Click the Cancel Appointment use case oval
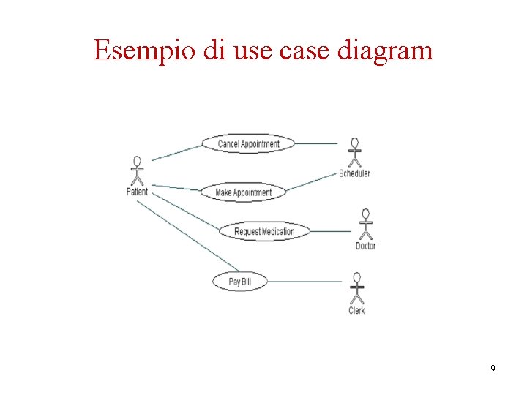coord(248,143)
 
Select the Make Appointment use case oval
coord(243,192)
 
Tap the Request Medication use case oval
coord(264,231)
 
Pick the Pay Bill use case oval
coord(240,281)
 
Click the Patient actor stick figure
coord(136,171)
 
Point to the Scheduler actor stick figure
coord(355,152)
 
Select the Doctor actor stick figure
coord(365,224)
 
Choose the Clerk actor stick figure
coord(356,288)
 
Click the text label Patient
coord(137,192)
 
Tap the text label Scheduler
coord(355,173)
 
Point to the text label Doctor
coord(365,246)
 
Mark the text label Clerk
coord(356,310)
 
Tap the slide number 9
coord(493,369)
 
